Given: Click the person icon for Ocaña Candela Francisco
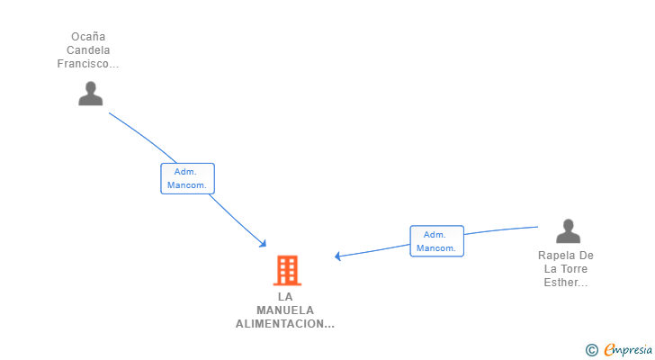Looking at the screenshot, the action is (x=90, y=94).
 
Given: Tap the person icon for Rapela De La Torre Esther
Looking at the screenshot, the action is (x=568, y=231).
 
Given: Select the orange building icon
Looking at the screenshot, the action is (x=287, y=270).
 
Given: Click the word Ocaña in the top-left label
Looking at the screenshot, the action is (x=88, y=37).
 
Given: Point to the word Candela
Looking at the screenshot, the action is (x=88, y=50).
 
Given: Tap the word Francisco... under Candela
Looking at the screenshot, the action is (x=88, y=64).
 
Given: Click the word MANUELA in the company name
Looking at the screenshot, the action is (x=285, y=310).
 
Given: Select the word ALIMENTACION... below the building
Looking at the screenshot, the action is (x=285, y=324).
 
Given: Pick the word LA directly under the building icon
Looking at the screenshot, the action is (x=285, y=297).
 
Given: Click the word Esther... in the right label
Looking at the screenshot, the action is (x=566, y=283).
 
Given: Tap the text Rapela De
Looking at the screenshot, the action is (x=566, y=256).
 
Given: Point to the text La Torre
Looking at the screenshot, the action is (x=566, y=269).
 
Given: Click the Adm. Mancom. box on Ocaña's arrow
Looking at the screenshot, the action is (x=187, y=178).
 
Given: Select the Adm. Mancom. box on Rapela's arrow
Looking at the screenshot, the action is (x=436, y=241).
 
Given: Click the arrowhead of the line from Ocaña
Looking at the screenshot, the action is (x=263, y=243).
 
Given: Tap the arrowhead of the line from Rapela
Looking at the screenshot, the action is (x=338, y=256).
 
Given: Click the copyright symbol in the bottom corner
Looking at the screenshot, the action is (x=591, y=350).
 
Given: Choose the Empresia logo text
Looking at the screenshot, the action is (x=628, y=350).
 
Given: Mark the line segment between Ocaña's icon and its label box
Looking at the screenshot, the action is (x=144, y=135).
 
